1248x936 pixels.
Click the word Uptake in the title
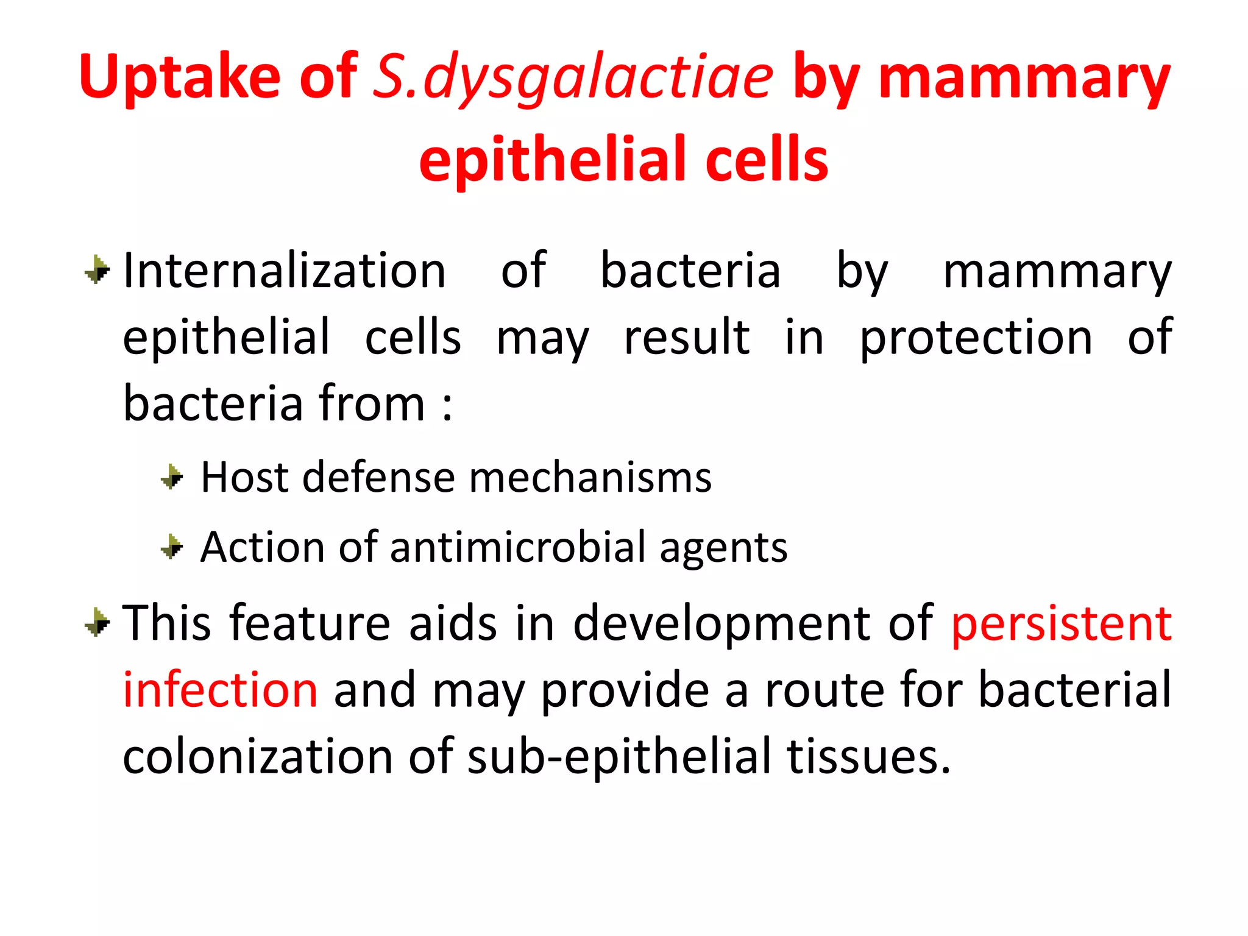point(180,77)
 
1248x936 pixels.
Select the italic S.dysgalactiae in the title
point(572,77)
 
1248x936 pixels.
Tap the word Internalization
point(284,271)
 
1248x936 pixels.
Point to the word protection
point(976,338)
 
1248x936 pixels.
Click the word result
point(687,337)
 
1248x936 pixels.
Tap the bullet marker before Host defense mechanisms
point(172,477)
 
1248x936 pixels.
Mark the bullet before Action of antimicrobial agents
point(172,547)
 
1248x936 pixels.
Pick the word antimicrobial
point(517,547)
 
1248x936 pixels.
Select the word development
point(723,624)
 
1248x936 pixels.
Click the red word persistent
point(1061,624)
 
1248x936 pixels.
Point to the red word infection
point(220,690)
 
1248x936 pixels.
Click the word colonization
point(258,757)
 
